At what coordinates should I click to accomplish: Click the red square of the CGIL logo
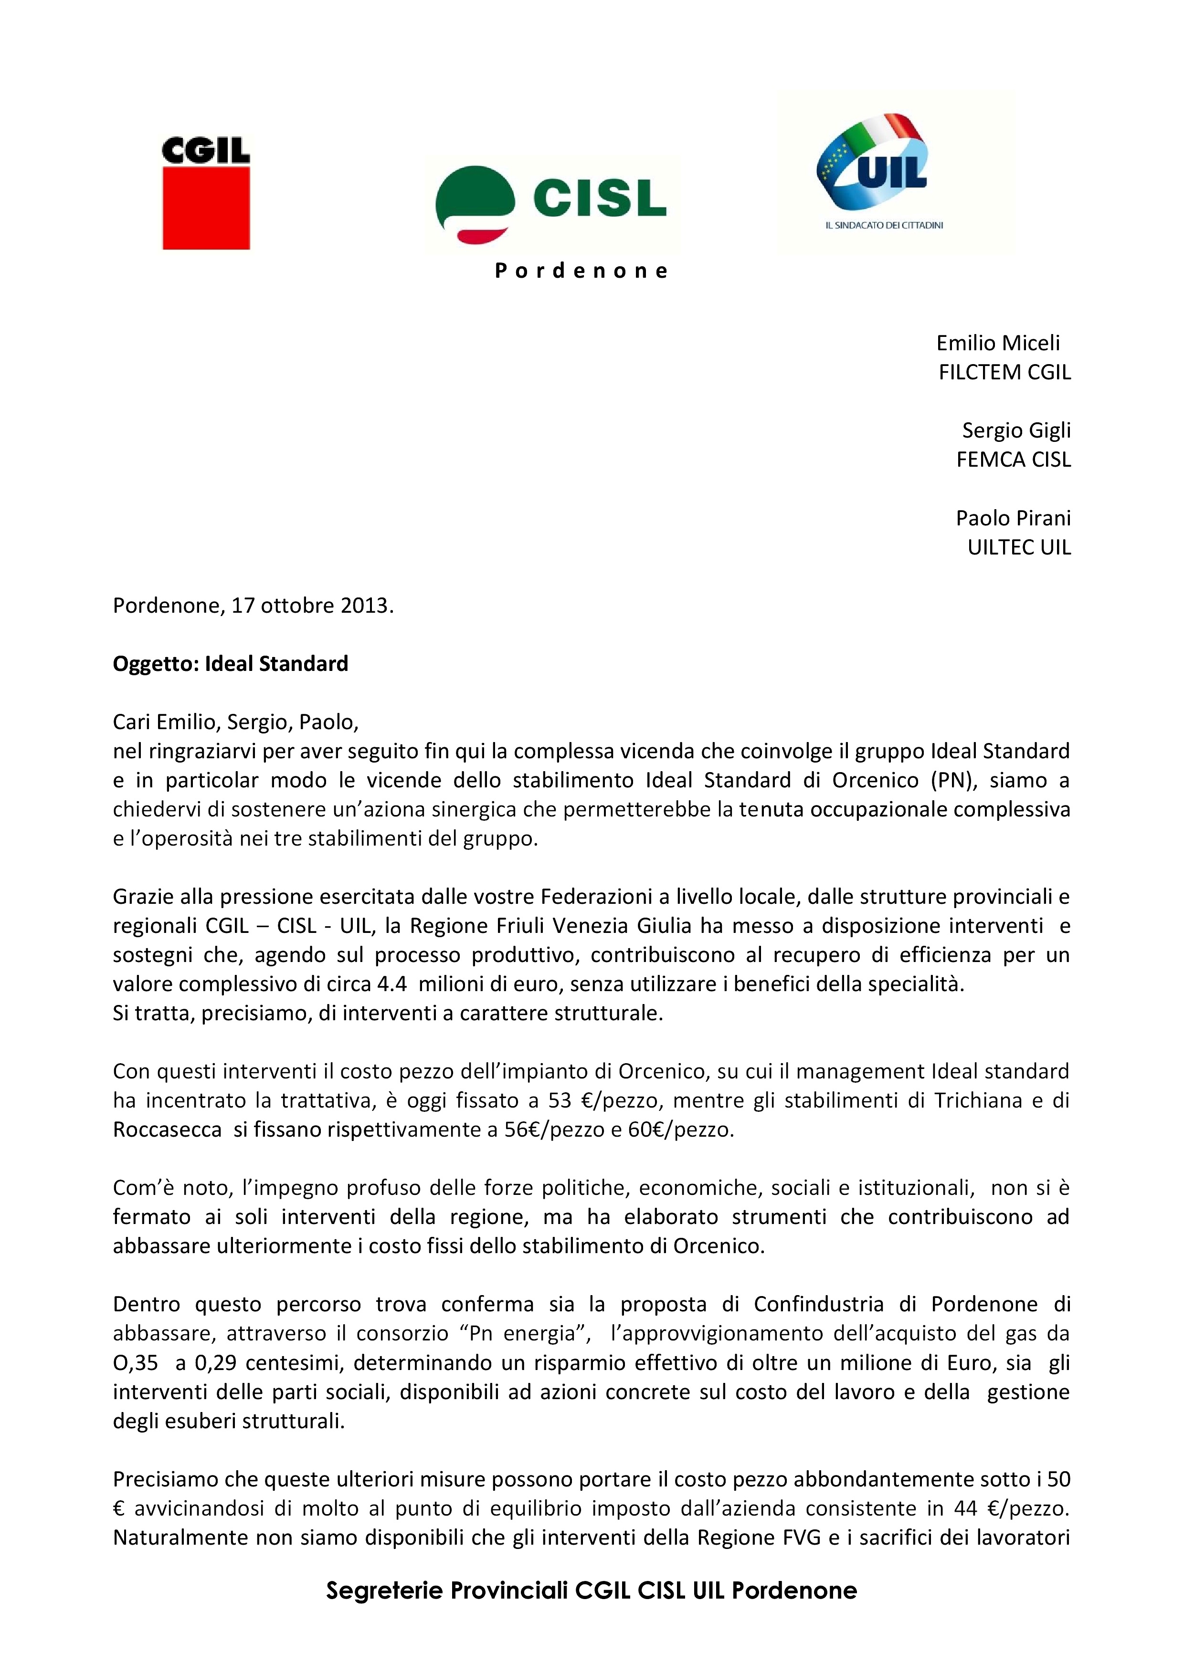tap(206, 208)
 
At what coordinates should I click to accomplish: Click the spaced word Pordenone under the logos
tap(581, 271)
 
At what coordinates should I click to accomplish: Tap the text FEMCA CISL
tap(1013, 460)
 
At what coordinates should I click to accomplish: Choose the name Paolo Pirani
tap(1013, 518)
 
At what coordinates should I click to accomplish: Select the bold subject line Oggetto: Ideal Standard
tap(231, 663)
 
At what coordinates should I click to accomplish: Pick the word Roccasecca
tap(167, 1130)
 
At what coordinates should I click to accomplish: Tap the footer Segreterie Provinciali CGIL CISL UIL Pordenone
tap(591, 1590)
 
